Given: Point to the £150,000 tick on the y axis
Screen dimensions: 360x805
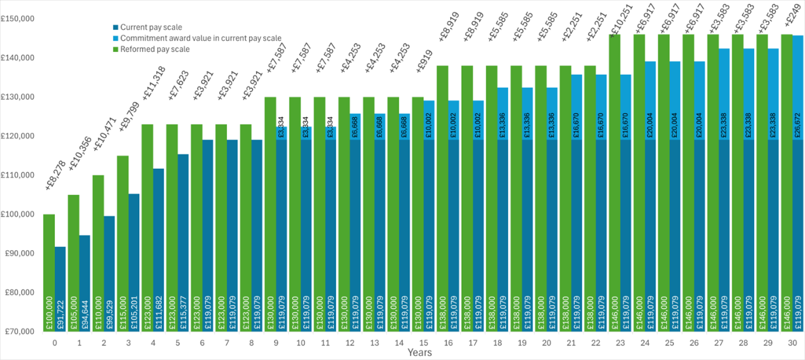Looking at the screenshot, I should coord(19,19).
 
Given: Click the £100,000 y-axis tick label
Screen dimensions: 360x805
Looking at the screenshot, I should coord(19,214).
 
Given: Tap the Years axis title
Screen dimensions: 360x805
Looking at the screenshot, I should coord(420,352).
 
